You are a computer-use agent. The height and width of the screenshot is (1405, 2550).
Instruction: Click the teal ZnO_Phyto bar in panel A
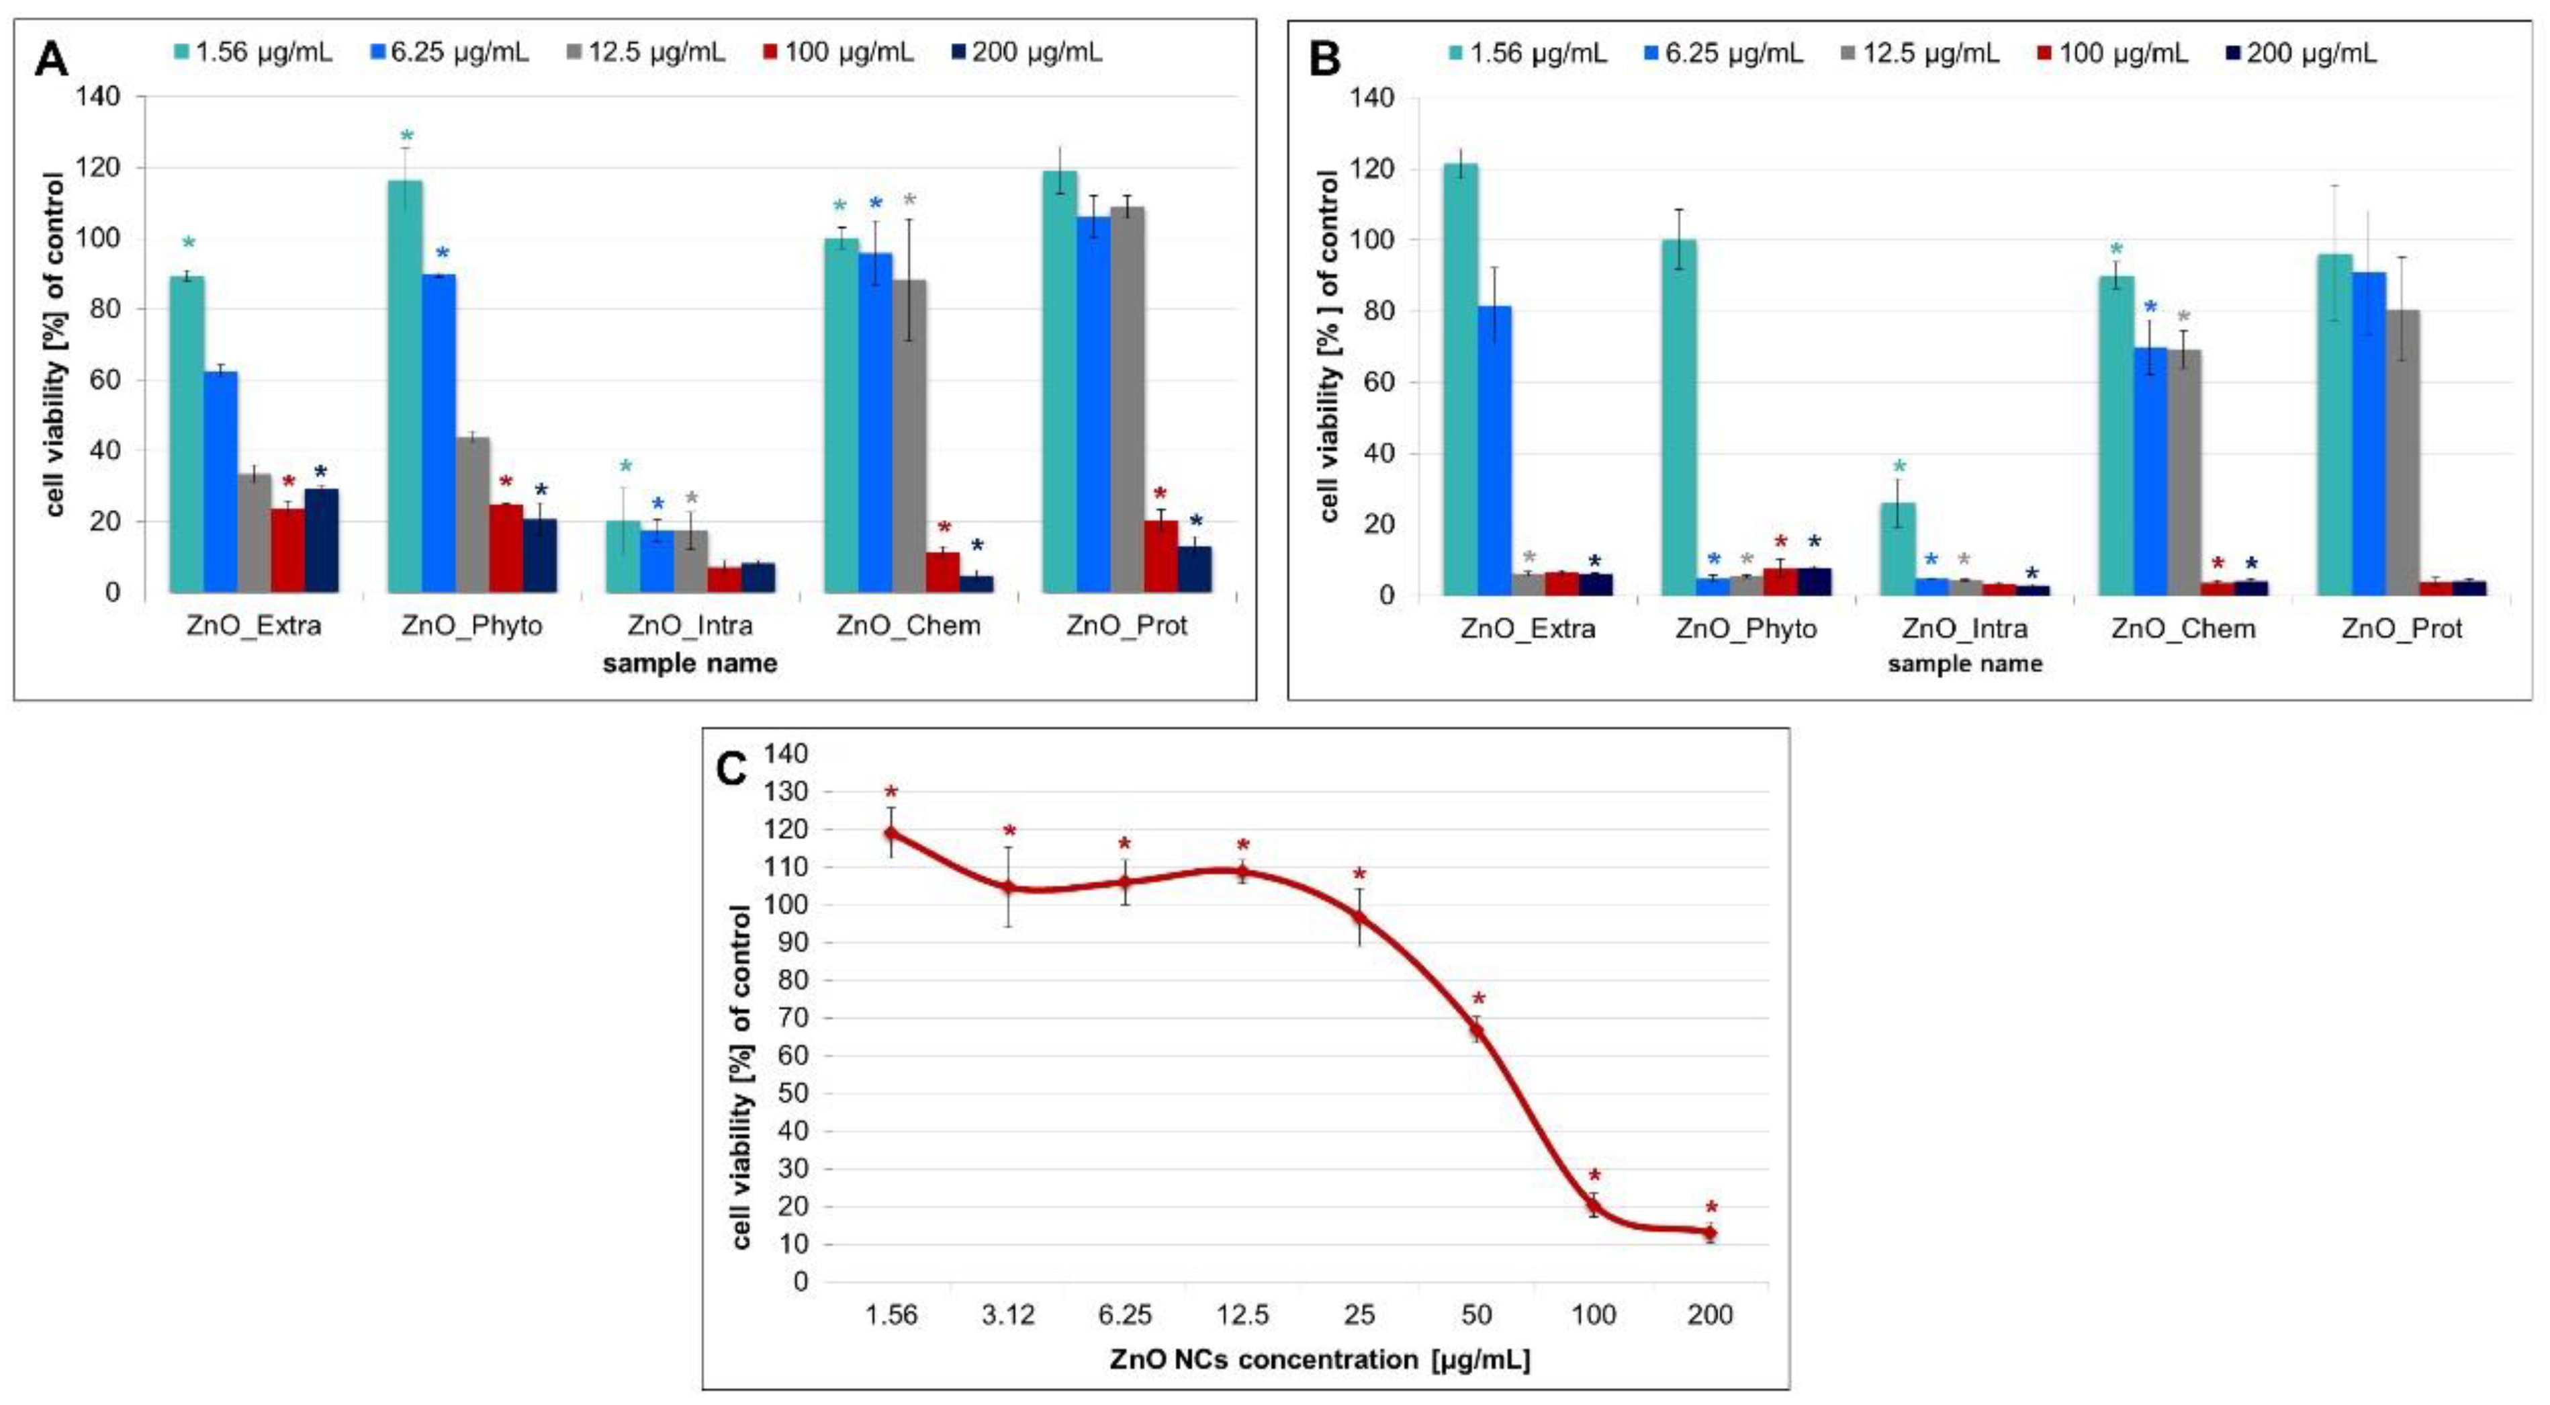coord(405,386)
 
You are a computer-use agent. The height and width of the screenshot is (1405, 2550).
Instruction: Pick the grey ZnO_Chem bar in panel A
coord(910,435)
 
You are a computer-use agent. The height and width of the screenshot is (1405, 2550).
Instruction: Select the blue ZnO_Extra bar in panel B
coord(1495,450)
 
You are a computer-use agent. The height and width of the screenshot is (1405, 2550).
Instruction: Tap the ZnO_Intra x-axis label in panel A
coord(690,626)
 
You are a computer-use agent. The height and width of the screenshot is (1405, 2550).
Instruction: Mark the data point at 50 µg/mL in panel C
coord(1476,1031)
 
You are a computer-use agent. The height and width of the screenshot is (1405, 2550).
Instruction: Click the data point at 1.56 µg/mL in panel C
coord(891,833)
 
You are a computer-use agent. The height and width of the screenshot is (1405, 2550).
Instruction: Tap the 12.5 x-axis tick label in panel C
coord(1242,1315)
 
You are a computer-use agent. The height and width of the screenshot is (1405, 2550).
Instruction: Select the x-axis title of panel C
coord(1320,1359)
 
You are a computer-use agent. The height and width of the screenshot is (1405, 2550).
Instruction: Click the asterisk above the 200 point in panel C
coord(1711,1208)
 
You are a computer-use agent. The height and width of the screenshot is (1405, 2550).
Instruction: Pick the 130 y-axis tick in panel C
coord(787,792)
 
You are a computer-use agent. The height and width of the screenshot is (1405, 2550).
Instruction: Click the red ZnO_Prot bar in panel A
coord(1160,556)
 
